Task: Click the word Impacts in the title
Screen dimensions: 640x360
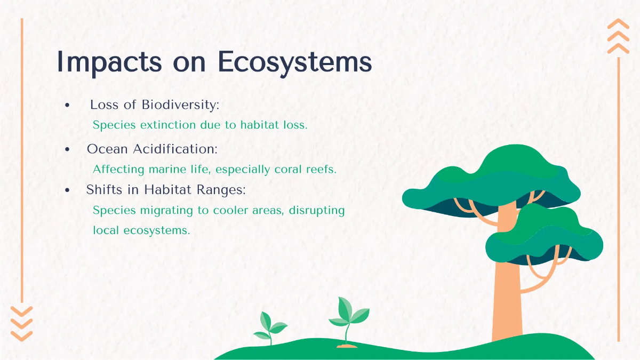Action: tap(109, 62)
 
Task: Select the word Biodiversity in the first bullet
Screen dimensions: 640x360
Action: tap(180, 105)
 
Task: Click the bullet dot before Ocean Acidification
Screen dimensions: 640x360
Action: tap(67, 149)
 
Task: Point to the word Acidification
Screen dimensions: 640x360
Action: tap(175, 149)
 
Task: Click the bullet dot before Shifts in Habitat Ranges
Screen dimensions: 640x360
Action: tap(67, 190)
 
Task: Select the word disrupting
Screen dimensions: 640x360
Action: tap(317, 211)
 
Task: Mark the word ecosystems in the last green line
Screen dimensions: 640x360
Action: tap(157, 230)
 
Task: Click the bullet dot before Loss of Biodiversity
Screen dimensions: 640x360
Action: tap(67, 105)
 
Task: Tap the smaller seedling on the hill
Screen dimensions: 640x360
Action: tap(270, 327)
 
